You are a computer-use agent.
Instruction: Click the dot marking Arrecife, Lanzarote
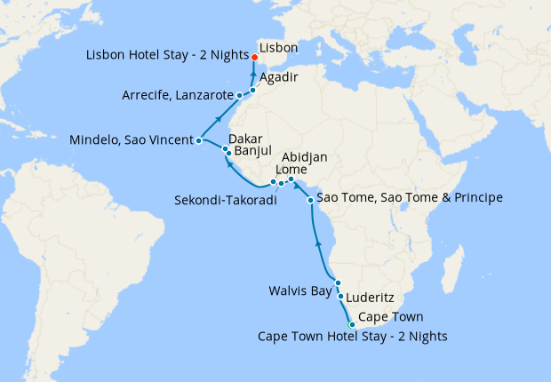point(240,94)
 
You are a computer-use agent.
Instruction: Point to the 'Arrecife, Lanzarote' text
point(178,94)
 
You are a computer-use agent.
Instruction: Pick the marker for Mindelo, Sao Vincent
point(199,140)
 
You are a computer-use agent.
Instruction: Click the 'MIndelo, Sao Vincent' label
point(132,140)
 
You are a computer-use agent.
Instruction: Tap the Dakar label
point(245,139)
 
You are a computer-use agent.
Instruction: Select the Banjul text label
point(252,152)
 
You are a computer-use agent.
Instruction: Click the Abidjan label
point(305,157)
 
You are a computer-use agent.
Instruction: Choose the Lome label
point(292,170)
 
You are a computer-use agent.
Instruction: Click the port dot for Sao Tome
point(310,200)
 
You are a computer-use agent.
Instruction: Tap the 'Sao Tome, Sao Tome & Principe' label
point(410,197)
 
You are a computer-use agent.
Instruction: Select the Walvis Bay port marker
point(339,283)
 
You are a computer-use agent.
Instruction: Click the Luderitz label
point(370,299)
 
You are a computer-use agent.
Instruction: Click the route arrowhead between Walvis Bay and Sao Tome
point(318,240)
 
